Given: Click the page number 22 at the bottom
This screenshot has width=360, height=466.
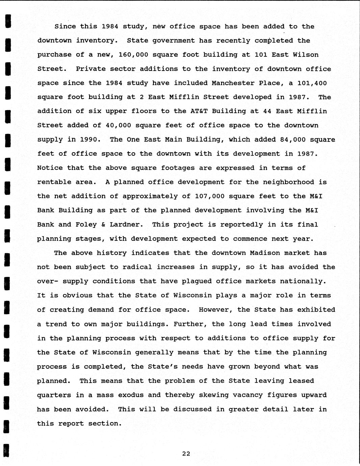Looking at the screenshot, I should (x=186, y=454).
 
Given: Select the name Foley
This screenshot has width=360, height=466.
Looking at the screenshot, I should (x=86, y=225).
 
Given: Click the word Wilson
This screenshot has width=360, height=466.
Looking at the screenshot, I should (x=306, y=55).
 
